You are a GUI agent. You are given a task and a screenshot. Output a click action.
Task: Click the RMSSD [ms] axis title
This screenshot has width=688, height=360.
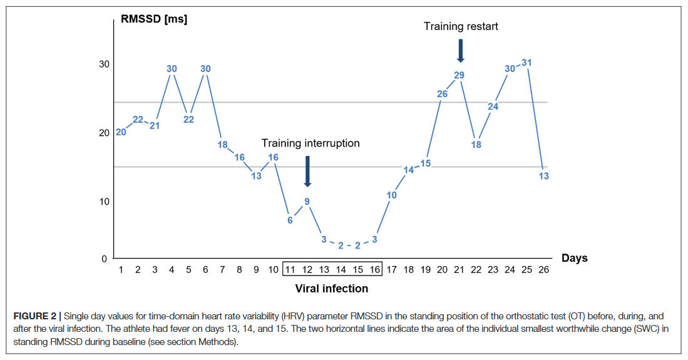154,19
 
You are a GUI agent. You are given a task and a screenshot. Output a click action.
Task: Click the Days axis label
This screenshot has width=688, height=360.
574,258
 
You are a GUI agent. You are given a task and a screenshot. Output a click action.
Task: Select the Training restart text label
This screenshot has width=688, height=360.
461,26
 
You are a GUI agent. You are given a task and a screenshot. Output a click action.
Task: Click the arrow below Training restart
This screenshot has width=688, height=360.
460,51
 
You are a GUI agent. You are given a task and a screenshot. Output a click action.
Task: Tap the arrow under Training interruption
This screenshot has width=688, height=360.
307,171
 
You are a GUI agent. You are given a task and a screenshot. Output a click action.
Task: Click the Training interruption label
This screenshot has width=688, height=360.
311,143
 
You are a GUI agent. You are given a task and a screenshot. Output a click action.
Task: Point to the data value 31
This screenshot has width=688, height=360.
526,63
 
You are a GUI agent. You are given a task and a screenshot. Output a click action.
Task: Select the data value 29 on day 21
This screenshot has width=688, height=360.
459,75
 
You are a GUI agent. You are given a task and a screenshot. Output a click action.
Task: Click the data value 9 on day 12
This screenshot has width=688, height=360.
307,201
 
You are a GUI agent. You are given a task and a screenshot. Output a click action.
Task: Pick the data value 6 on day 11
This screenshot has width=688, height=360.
290,220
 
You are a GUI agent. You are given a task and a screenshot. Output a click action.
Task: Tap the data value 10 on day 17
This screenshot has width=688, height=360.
391,195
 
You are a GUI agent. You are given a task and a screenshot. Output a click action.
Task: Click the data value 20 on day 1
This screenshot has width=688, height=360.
121,132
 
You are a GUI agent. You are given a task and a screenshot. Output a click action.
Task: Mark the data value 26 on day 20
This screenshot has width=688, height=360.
442,95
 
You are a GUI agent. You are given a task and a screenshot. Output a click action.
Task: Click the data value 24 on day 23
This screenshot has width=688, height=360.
493,106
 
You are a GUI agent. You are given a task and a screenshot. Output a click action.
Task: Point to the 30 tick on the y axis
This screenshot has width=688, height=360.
103,64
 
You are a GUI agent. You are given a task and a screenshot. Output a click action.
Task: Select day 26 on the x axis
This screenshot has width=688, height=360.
543,270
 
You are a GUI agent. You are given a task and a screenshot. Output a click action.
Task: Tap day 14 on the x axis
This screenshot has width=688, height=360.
341,270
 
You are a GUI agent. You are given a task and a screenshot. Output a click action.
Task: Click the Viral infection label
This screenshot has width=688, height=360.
332,289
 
